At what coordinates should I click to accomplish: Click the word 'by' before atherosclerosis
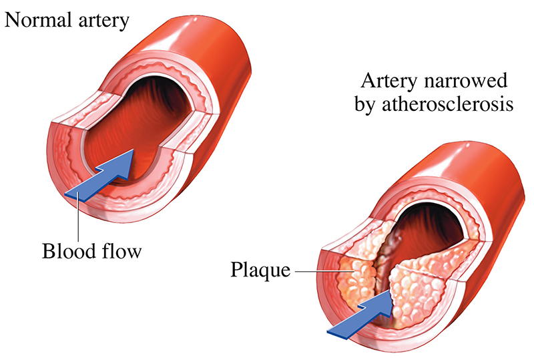click(x=373, y=107)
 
